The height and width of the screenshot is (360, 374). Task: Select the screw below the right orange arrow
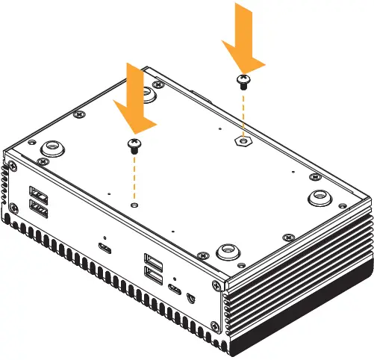coord(243,81)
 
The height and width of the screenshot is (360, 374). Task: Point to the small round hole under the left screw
coord(134,203)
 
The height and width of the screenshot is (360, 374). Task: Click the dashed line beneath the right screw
coord(243,112)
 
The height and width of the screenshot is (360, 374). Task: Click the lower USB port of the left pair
coord(37,206)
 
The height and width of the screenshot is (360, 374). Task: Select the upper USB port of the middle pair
coord(154,261)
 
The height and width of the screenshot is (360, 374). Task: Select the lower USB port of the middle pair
coord(155,276)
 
